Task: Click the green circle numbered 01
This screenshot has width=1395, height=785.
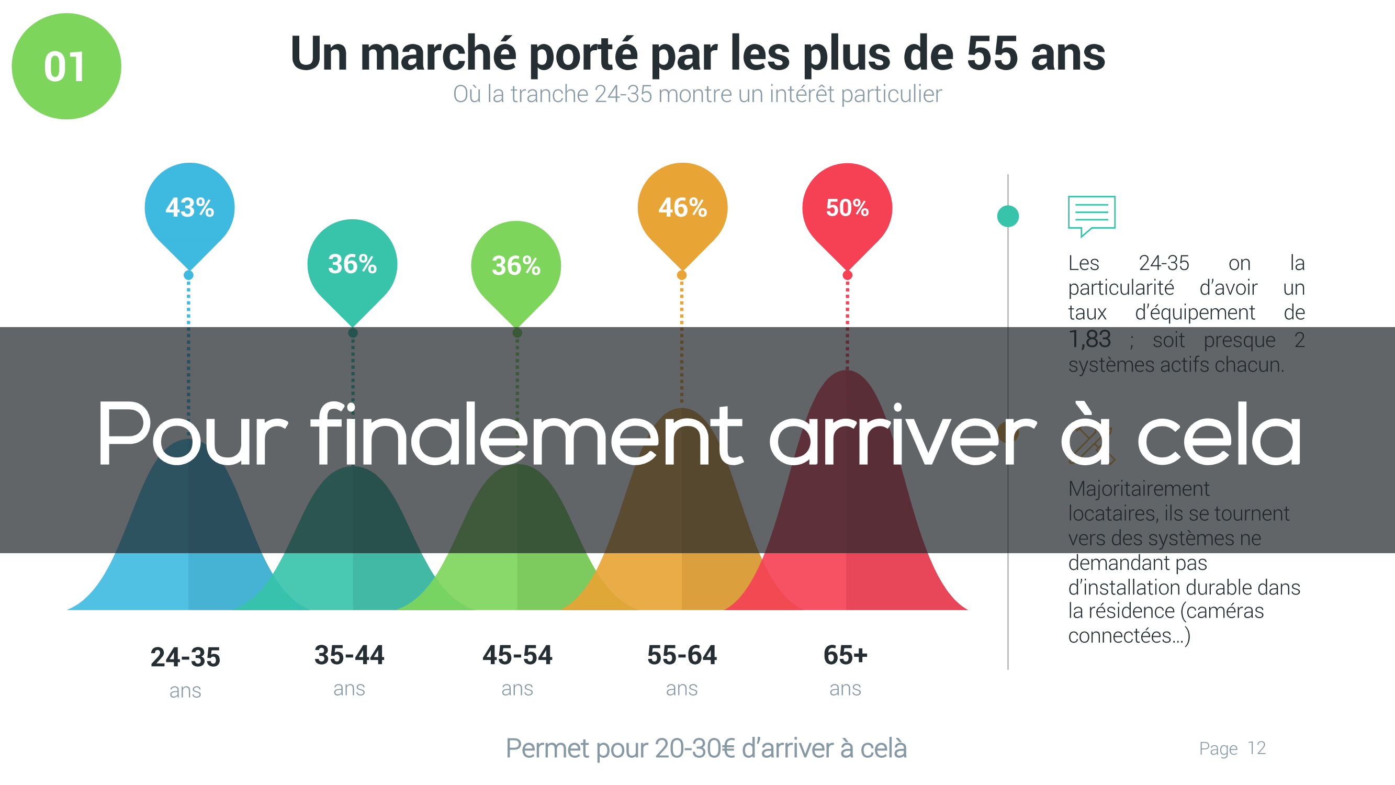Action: point(66,66)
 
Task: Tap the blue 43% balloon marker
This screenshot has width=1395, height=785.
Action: point(189,209)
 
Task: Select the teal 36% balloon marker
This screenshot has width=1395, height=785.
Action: point(352,265)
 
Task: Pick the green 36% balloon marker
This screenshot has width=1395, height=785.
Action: point(516,266)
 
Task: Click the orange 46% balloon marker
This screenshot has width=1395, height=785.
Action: point(682,209)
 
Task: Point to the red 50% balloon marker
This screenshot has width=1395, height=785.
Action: point(847,209)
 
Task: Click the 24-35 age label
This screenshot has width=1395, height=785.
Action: point(185,657)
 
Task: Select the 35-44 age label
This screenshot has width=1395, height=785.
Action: point(350,655)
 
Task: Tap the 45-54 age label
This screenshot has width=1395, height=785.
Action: point(517,655)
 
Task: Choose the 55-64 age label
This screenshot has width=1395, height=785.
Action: point(682,655)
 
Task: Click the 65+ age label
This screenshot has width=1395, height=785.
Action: point(845,655)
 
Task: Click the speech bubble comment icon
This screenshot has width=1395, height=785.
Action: point(1091,215)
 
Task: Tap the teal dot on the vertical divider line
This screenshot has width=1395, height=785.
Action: point(1008,216)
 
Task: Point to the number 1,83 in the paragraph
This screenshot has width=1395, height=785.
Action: point(1089,340)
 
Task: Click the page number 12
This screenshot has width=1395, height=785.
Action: point(1256,748)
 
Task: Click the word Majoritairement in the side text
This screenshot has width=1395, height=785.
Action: point(1138,489)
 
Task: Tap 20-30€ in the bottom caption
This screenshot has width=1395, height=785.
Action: point(694,748)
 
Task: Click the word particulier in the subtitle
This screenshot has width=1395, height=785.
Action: point(892,94)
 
